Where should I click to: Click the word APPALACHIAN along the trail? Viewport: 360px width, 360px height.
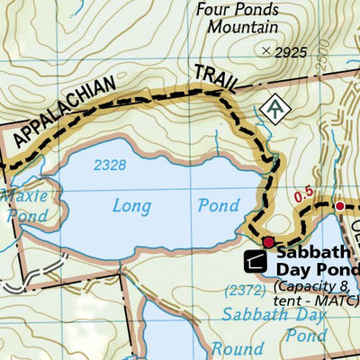[x=63, y=112]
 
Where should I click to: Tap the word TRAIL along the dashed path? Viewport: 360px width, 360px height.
[x=214, y=79]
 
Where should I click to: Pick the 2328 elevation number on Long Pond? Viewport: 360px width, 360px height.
[x=109, y=165]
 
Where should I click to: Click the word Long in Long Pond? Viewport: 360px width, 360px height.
[x=131, y=206]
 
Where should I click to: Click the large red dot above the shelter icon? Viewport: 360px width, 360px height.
[x=267, y=241]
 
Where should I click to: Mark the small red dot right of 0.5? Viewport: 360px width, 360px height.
[x=339, y=206]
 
